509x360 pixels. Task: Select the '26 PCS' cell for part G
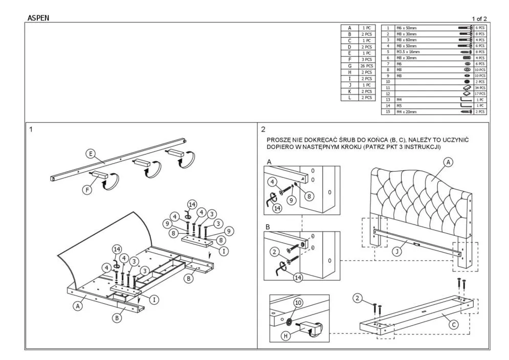coord(366,66)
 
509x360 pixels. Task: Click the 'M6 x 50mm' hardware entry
coord(406,28)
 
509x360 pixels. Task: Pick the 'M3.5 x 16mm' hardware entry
coord(408,52)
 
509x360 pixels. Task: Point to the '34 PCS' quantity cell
coord(480,88)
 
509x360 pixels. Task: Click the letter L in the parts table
coord(349,97)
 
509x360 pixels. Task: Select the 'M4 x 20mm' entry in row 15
coord(406,111)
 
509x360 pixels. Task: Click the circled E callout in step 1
coord(90,153)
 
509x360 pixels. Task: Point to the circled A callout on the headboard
coord(448,162)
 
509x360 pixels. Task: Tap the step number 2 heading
coord(263,129)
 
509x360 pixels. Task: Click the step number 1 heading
coord(31,129)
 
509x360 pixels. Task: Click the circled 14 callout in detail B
coord(297,278)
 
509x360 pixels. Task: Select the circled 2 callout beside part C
coord(358,298)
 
